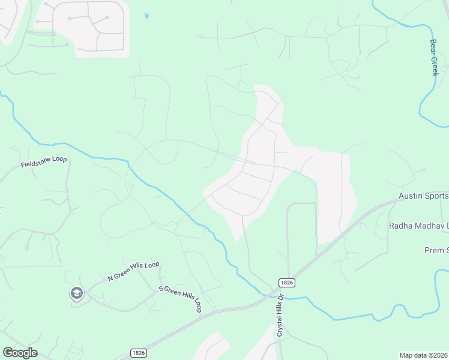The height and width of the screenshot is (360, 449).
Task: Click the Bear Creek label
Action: point(434,58)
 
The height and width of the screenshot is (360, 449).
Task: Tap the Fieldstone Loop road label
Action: point(44,162)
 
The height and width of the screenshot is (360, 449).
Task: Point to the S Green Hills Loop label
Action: point(179,299)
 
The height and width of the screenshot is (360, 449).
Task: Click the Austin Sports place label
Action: point(424,196)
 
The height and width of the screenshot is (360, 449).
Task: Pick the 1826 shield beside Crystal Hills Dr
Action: point(285,282)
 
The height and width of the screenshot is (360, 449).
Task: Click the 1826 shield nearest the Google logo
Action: point(137,353)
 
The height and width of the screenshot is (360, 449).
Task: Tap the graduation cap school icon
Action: point(77,293)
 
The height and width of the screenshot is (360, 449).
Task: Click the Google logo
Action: point(20,353)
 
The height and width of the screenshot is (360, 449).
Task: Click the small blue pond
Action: point(146,16)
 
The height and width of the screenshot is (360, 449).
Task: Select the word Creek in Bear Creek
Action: point(435,67)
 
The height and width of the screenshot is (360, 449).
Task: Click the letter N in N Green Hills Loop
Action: point(110,278)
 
